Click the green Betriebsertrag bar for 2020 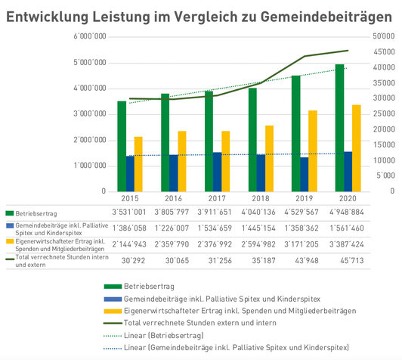[339, 128]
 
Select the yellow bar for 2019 [313, 151]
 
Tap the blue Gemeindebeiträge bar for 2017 [217, 172]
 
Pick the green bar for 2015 [122, 146]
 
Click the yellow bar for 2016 [182, 161]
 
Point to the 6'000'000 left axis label [90, 36]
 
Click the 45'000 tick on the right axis [384, 52]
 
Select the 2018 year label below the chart [261, 198]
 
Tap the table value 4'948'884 [347, 213]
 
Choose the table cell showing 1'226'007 [172, 228]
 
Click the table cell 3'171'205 [301, 244]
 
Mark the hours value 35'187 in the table [264, 261]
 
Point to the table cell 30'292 [133, 261]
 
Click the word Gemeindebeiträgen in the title [326, 17]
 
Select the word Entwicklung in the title [47, 17]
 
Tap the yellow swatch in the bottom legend [113, 312]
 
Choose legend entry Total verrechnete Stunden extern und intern [190, 323]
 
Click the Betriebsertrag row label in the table [36, 213]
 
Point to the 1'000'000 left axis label [90, 166]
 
